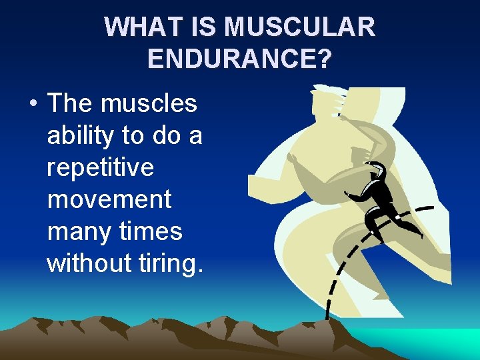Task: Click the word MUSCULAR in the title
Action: point(300,27)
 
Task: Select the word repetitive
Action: point(100,167)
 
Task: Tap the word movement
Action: point(109,199)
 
